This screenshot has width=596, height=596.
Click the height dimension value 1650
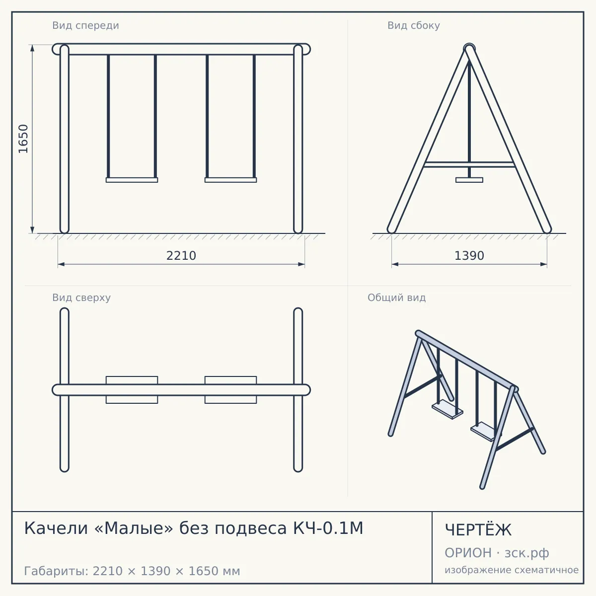[23, 139]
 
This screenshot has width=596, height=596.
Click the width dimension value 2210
[181, 256]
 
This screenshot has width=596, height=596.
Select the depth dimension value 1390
[469, 256]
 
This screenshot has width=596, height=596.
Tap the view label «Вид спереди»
[85, 25]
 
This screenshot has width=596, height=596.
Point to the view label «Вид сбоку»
[414, 25]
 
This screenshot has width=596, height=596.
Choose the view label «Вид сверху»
[81, 298]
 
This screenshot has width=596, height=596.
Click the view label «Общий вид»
[396, 298]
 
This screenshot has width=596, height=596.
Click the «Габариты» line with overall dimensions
[132, 571]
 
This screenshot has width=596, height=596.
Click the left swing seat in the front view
[132, 180]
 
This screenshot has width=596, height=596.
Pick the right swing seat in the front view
[231, 180]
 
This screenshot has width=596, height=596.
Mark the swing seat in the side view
[469, 180]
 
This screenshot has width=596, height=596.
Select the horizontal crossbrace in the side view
[469, 164]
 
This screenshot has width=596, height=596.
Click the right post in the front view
[298, 139]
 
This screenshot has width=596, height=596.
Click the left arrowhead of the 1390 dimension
[395, 264]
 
